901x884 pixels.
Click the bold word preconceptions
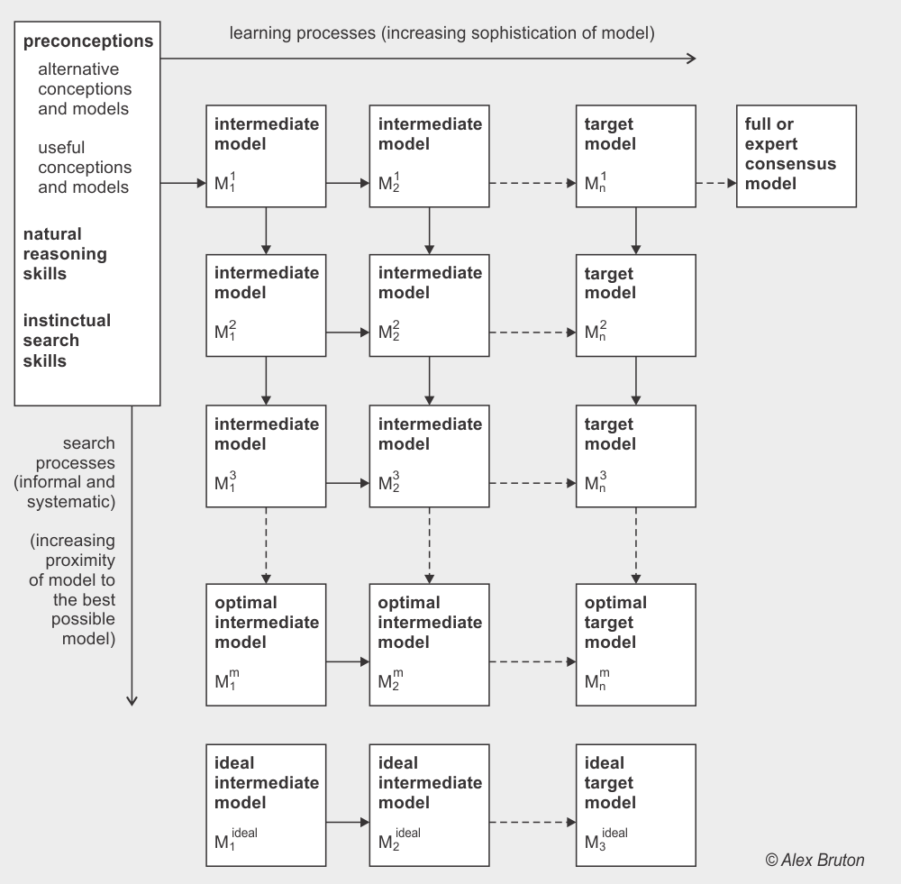[88, 41]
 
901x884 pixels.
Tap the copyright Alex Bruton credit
[815, 860]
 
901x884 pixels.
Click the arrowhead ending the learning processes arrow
[692, 58]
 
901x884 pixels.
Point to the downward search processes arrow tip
[132, 702]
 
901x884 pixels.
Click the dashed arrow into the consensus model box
[716, 183]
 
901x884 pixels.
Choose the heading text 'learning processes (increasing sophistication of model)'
[441, 33]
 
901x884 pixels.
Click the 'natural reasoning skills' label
[65, 253]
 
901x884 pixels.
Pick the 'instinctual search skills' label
[67, 341]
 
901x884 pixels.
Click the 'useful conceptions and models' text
[85, 168]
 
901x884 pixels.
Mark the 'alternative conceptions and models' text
[85, 88]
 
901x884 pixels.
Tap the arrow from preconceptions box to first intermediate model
[183, 183]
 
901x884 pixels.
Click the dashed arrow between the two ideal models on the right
[532, 823]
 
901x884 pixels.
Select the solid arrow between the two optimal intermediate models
[348, 662]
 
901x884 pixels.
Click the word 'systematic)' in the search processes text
[71, 502]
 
